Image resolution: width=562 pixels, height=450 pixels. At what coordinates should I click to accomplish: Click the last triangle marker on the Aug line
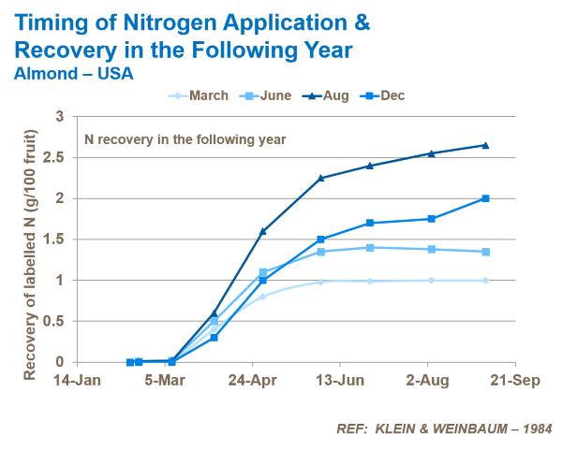coord(485,145)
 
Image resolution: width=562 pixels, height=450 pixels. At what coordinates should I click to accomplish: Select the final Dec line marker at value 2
coord(485,198)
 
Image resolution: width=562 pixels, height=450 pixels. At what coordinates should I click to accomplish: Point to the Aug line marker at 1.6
coord(262,231)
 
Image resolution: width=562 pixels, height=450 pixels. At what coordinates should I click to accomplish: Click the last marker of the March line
coord(485,280)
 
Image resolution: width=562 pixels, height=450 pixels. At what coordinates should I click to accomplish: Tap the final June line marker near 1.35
coord(485,252)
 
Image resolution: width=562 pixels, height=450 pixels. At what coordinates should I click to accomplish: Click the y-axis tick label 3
coord(60,117)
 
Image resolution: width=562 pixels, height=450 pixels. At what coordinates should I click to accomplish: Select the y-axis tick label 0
coord(60,362)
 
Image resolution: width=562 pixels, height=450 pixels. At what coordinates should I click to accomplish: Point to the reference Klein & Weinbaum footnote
coord(444,428)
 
